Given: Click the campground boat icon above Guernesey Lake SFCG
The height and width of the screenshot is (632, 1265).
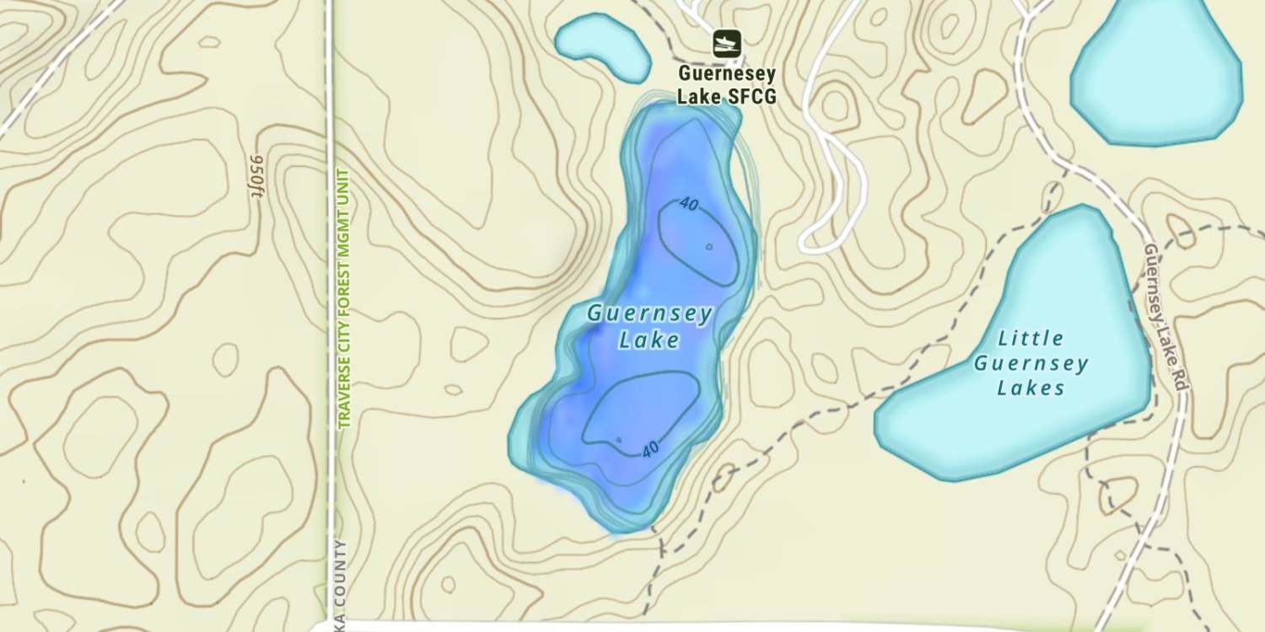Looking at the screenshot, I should (x=726, y=43).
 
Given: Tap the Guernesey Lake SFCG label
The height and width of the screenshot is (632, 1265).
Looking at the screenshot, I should (x=726, y=85).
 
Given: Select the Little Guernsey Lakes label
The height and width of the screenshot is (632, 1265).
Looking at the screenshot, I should (x=1031, y=363).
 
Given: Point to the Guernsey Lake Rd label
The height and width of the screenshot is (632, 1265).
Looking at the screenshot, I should (x=1165, y=316).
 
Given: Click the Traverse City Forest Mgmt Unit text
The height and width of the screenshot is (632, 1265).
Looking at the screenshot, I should (x=343, y=299).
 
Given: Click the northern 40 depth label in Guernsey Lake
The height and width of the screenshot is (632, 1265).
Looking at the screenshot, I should (x=690, y=205).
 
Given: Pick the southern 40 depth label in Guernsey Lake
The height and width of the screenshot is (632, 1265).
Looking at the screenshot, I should (x=649, y=450).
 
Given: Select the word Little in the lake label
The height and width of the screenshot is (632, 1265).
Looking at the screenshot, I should (x=1031, y=339).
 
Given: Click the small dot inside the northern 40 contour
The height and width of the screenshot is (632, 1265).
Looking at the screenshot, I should (x=709, y=247).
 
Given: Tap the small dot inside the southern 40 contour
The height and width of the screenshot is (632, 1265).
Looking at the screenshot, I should (x=618, y=439).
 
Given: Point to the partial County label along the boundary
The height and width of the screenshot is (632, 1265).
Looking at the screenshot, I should (x=341, y=581).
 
